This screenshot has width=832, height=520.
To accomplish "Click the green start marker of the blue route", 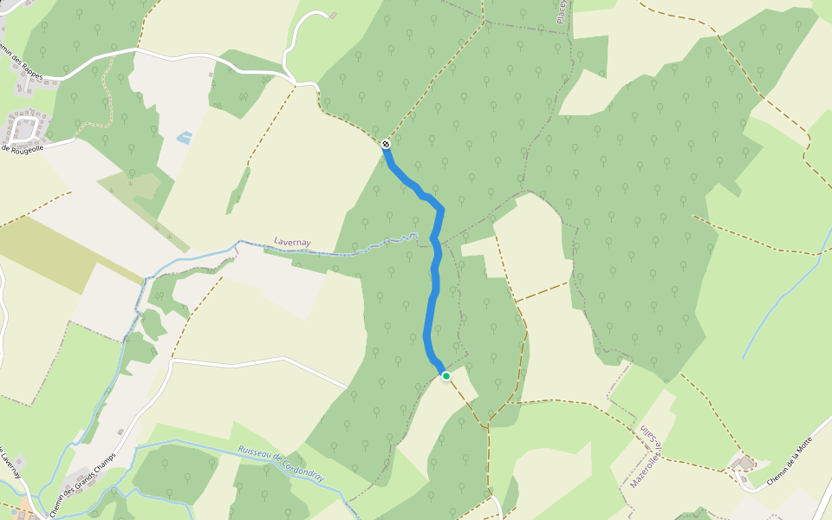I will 445,375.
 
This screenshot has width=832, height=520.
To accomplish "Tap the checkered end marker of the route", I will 386,144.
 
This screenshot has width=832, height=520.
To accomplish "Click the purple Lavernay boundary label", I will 292,242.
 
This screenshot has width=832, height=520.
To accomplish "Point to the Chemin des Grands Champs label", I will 83,486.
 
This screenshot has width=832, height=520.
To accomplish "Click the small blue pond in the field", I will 184,137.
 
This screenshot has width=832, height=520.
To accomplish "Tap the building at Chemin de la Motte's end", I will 742,464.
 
